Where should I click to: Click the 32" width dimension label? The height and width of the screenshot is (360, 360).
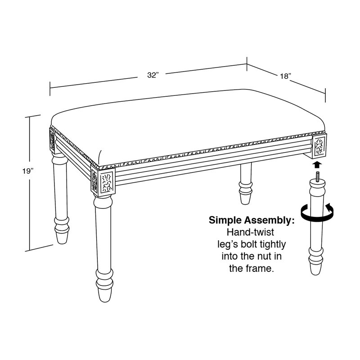[153, 75]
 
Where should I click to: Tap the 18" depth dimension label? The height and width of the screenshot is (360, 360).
[285, 76]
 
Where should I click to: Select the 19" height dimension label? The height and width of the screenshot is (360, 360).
[28, 171]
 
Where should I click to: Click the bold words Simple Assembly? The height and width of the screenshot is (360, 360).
[252, 220]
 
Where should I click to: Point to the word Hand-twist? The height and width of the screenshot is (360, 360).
[251, 232]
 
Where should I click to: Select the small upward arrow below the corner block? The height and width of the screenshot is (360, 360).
[317, 165]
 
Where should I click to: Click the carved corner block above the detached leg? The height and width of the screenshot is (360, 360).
[319, 146]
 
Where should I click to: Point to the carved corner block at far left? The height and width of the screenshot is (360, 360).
[52, 140]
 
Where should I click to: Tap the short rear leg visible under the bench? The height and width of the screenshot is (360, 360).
[246, 184]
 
